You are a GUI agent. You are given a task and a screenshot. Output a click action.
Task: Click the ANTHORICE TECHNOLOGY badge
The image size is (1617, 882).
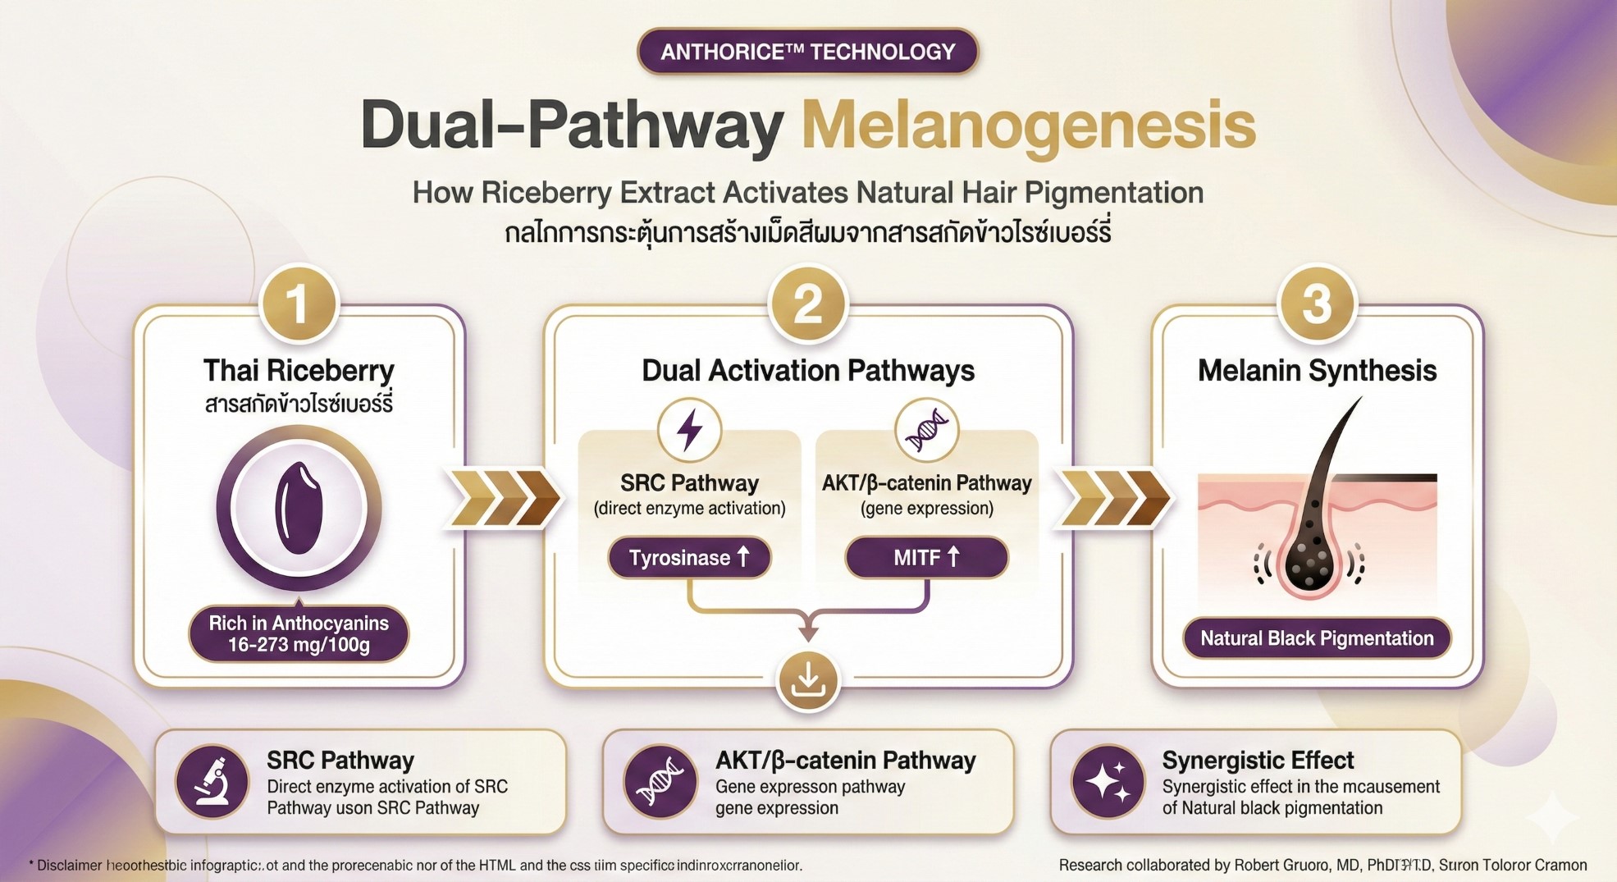point(807,52)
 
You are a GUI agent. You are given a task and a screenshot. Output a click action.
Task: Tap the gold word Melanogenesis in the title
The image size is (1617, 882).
point(1029,126)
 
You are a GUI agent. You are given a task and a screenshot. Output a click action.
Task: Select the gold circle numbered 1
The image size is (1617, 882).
point(299,304)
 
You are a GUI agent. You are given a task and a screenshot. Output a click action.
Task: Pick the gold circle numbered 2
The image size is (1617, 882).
point(808,304)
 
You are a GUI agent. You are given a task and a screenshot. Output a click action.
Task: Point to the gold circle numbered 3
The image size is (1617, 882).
point(1317,304)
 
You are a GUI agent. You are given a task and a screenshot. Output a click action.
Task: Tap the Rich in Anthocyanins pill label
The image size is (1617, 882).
point(299,634)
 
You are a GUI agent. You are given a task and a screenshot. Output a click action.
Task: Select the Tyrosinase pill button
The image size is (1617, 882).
point(689,558)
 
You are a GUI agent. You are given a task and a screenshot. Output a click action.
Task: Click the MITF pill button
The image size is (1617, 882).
point(926,558)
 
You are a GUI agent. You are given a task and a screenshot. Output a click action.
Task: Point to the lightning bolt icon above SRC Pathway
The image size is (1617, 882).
point(689,430)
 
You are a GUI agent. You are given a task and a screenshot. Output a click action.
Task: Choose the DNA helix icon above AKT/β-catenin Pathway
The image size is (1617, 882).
point(926,430)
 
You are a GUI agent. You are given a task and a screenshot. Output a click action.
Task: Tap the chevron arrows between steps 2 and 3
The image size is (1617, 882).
point(1113,497)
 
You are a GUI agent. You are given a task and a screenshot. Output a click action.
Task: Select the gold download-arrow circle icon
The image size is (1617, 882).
point(808,680)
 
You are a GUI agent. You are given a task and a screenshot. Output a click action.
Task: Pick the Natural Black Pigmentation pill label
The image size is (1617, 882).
point(1317,638)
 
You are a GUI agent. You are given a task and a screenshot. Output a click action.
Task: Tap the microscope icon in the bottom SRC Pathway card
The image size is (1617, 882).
point(212,782)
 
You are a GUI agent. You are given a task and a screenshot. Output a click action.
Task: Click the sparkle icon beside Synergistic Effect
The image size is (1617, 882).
point(1108,782)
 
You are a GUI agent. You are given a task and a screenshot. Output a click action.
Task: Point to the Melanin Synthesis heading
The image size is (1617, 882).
point(1317,371)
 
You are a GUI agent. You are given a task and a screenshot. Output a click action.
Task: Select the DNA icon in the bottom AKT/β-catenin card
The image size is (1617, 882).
point(660,782)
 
